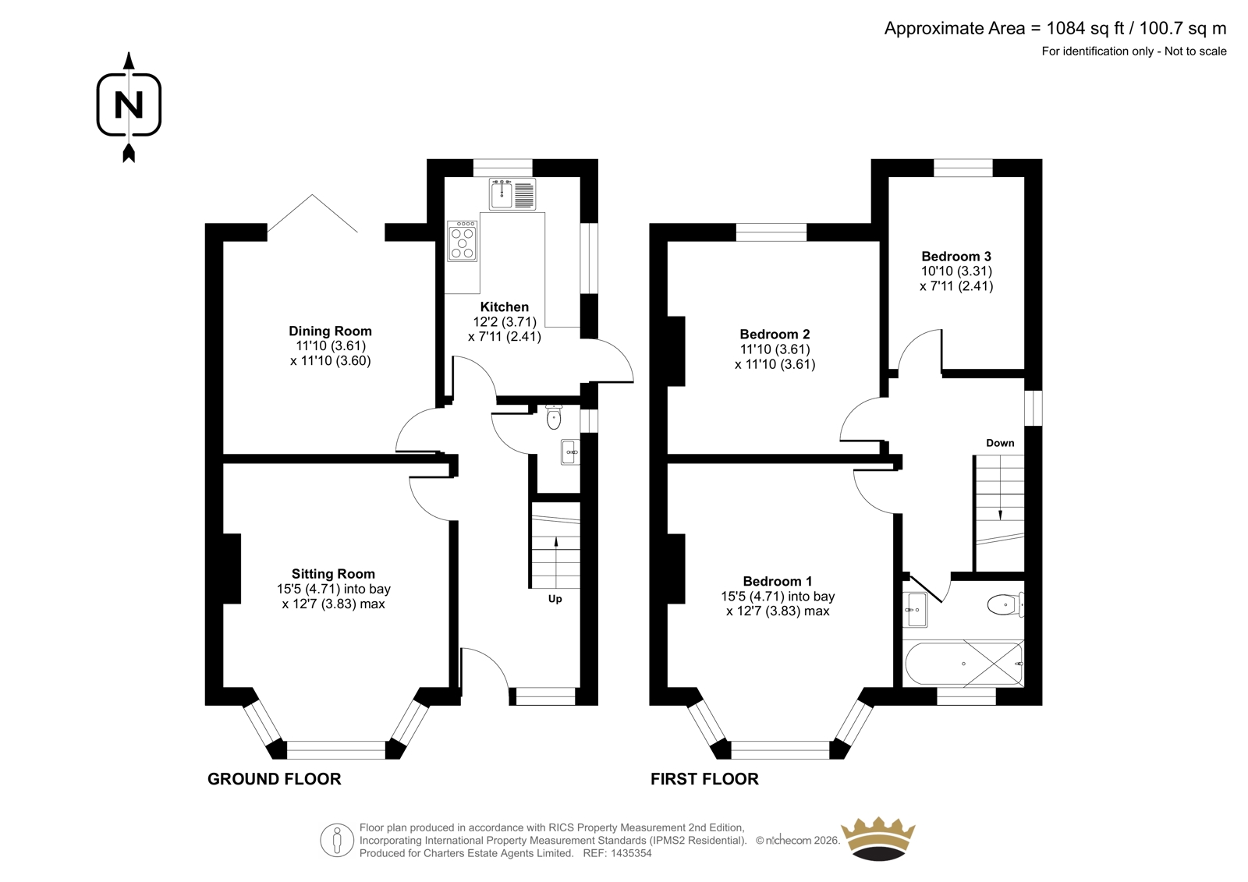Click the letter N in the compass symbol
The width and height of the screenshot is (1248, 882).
[x=129, y=104]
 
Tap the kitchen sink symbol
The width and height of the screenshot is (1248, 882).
[x=512, y=194]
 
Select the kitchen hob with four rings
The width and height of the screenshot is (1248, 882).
[x=462, y=241]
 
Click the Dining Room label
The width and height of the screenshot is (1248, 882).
[x=331, y=331]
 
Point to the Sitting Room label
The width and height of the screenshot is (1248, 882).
[x=333, y=574]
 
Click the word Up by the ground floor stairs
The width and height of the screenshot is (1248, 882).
[x=555, y=599]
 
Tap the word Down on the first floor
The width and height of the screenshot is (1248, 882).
[x=1000, y=443]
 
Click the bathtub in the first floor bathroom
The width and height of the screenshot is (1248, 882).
[x=963, y=664]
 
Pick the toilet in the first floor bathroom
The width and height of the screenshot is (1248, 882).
[x=1005, y=604]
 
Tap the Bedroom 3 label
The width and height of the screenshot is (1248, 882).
[x=956, y=257]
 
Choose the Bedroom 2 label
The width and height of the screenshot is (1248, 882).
[x=775, y=335]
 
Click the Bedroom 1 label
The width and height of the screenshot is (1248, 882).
[x=777, y=581]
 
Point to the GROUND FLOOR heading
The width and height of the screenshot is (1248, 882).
[x=274, y=779]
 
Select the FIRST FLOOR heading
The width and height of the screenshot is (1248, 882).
[x=704, y=779]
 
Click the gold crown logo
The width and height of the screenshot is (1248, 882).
[x=878, y=838]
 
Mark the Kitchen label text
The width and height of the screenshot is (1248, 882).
[x=504, y=306]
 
